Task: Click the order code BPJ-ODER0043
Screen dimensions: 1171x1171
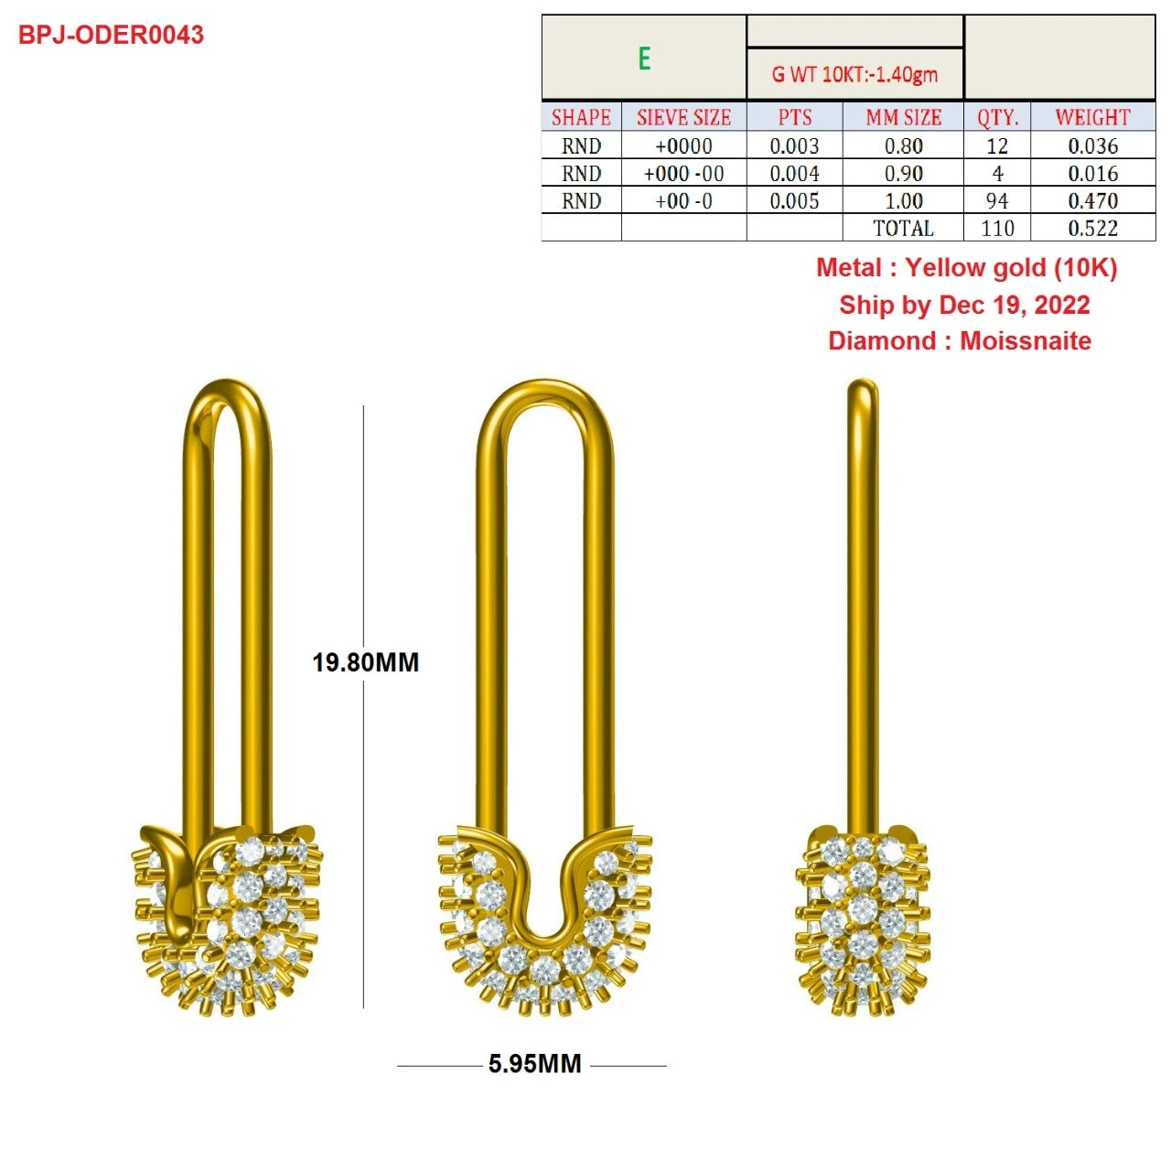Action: (111, 35)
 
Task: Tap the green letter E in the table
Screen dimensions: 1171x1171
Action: (644, 59)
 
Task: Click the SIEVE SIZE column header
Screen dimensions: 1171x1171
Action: (683, 117)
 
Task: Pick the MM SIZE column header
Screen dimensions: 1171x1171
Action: (903, 117)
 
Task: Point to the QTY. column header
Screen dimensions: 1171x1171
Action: (997, 117)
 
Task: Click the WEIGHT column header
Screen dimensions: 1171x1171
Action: (1092, 117)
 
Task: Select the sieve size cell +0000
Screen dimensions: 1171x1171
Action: (683, 145)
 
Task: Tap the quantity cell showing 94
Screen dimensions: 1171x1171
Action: (997, 200)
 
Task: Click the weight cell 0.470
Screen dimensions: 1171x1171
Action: (1092, 200)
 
